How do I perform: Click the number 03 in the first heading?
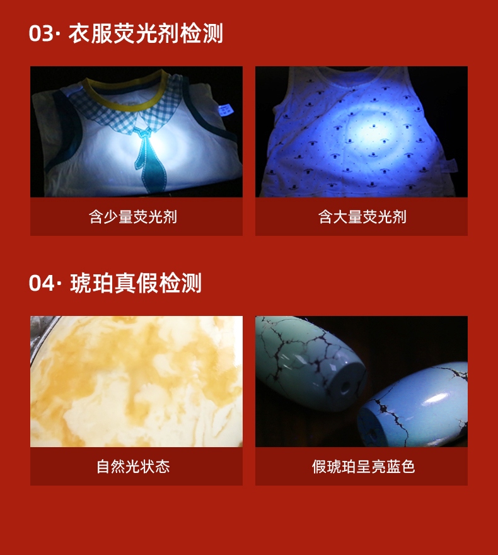[x=41, y=33]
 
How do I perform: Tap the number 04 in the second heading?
[x=42, y=283]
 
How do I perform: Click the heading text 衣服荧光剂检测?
[x=146, y=33]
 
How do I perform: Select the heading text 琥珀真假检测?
[x=136, y=283]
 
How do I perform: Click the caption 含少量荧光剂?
[x=132, y=216]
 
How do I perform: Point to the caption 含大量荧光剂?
[x=362, y=216]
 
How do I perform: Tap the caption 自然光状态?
[x=133, y=467]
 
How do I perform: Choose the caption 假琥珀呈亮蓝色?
[x=363, y=467]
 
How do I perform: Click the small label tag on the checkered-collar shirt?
[x=224, y=109]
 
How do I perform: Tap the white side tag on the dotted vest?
[x=450, y=166]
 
